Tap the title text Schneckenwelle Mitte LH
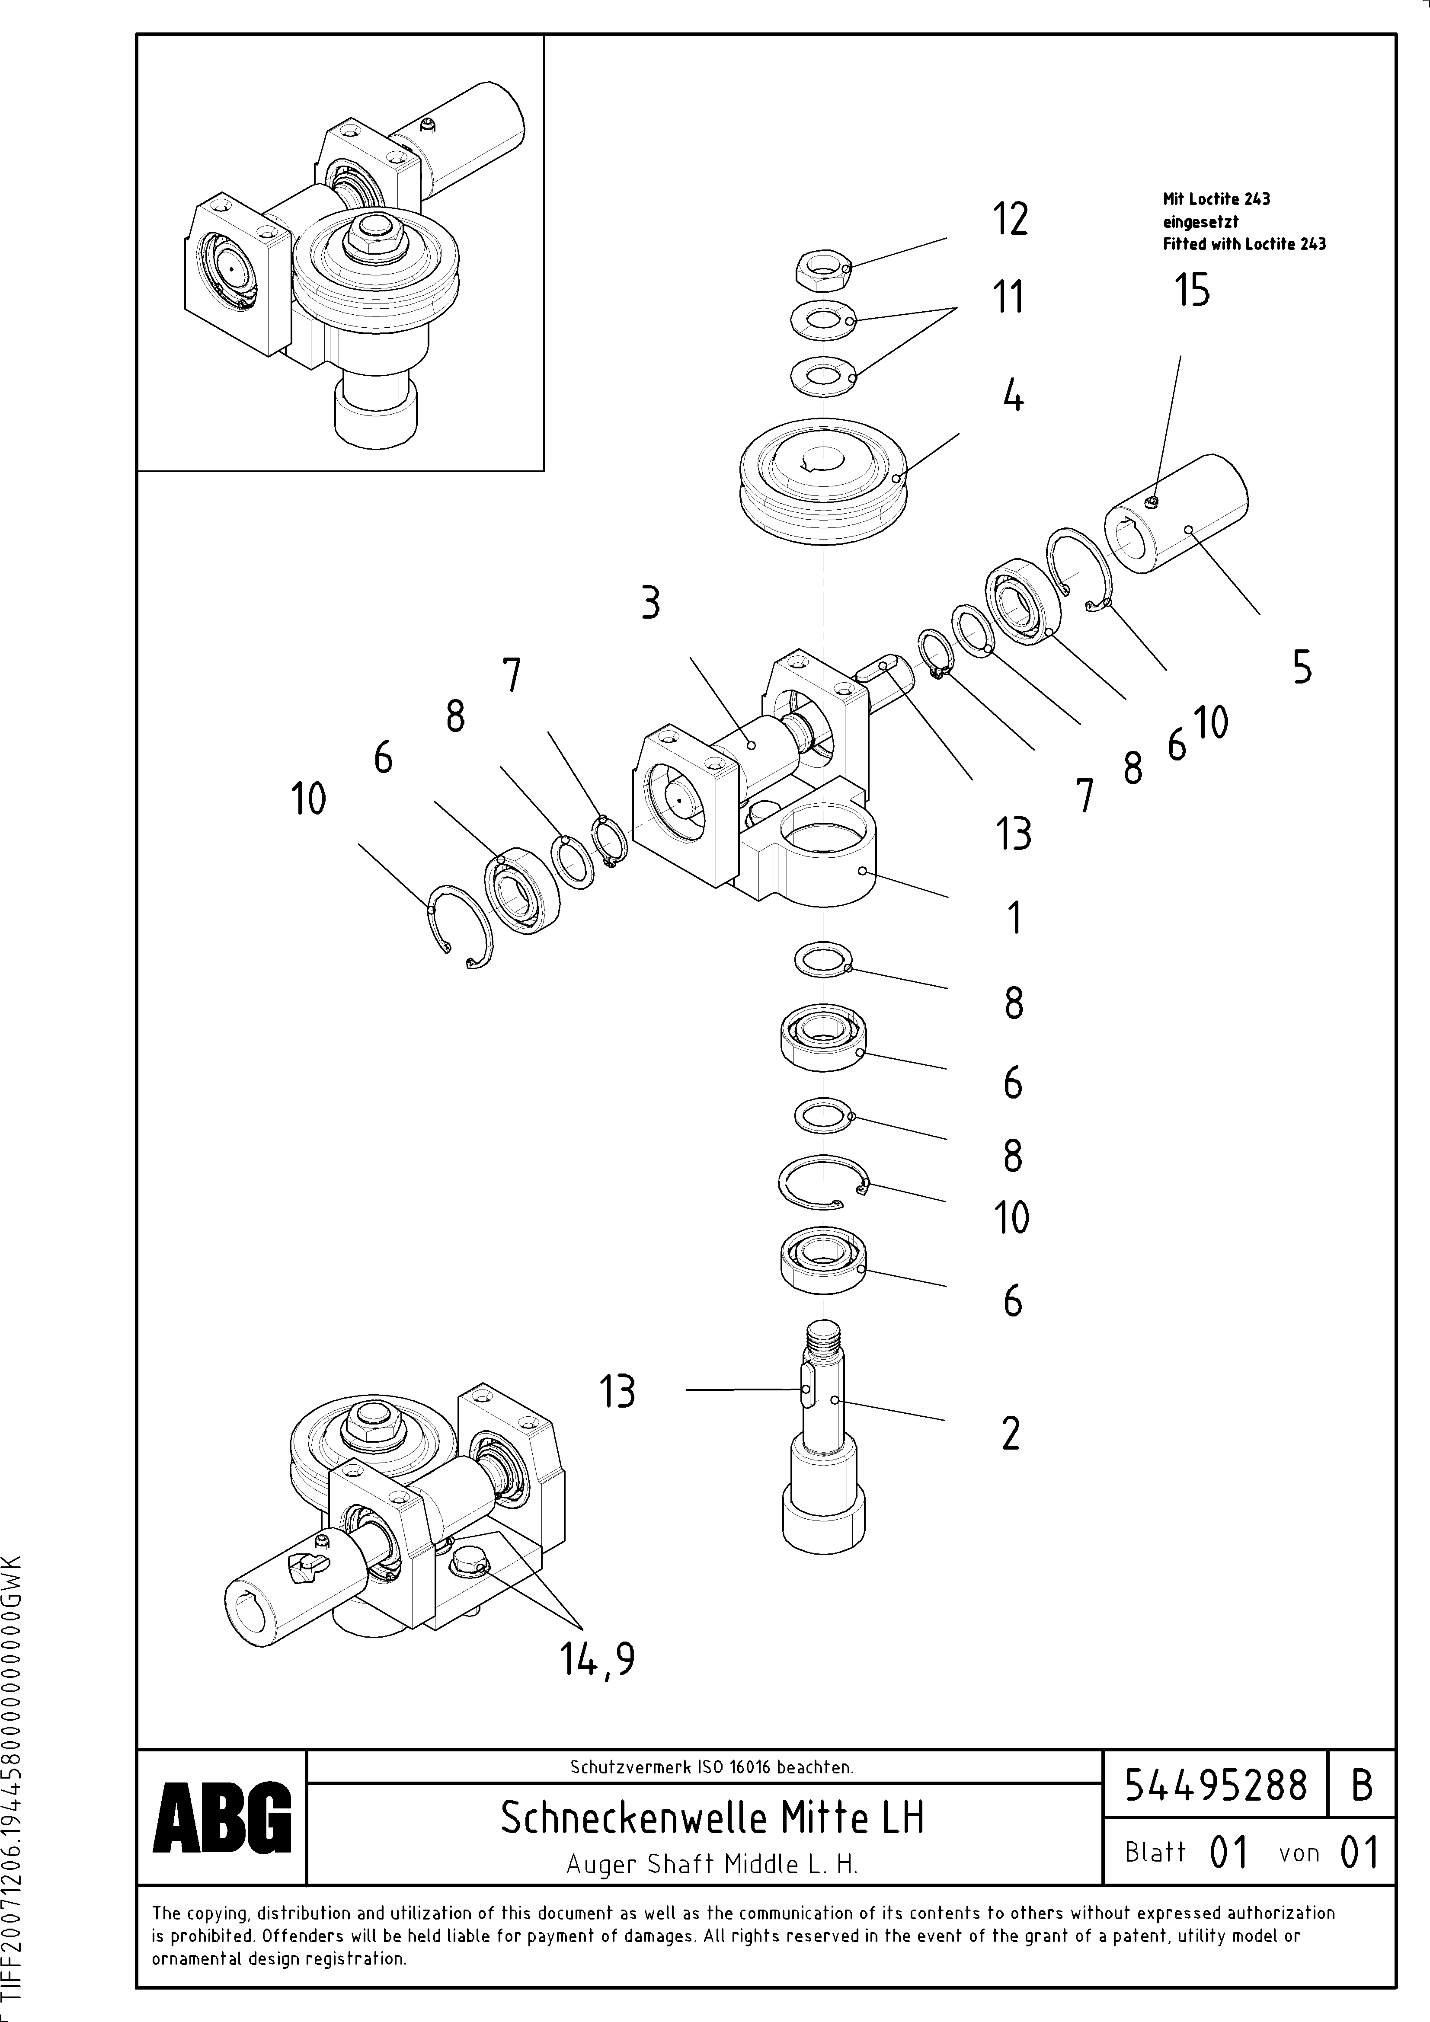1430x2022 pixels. coord(712,1817)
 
